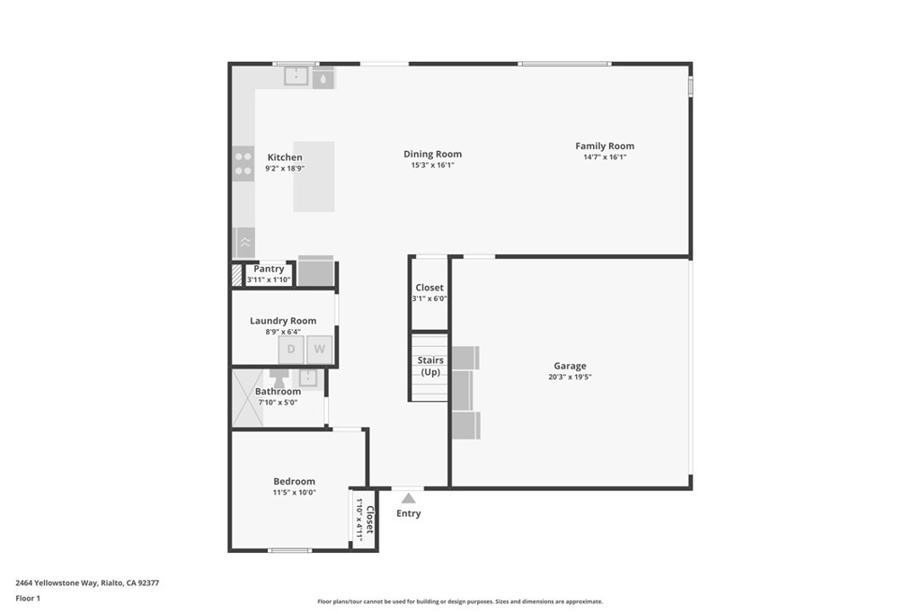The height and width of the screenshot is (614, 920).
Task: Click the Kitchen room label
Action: pos(284,157)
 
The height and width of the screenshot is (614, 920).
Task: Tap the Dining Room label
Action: pos(432,154)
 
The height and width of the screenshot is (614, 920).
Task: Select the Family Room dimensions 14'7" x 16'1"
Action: pos(605,157)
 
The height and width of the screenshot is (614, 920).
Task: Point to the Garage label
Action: pos(570,366)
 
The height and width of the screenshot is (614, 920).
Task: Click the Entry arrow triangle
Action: pos(409,497)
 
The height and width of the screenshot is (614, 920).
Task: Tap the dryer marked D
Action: pos(291,349)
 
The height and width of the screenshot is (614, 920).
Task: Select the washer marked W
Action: pos(319,349)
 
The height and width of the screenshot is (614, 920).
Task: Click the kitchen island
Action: pos(314,176)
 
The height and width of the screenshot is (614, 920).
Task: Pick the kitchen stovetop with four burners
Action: pos(243,163)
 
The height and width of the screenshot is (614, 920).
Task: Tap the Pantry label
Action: pos(269,269)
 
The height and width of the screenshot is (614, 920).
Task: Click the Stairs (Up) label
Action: pos(429,366)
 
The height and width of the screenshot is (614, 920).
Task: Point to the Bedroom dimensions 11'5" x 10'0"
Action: pos(294,492)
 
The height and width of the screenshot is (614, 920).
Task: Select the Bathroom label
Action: pos(278,391)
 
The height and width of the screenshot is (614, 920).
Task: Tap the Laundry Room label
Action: pos(283,321)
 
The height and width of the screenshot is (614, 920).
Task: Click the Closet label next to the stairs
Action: pos(429,288)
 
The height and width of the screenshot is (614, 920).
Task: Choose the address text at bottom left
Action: pos(87,583)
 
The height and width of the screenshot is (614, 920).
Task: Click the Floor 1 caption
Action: pos(28,598)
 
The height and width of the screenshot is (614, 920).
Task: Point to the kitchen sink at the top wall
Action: pos(296,77)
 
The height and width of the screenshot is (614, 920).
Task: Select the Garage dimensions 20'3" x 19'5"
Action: pos(570,377)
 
